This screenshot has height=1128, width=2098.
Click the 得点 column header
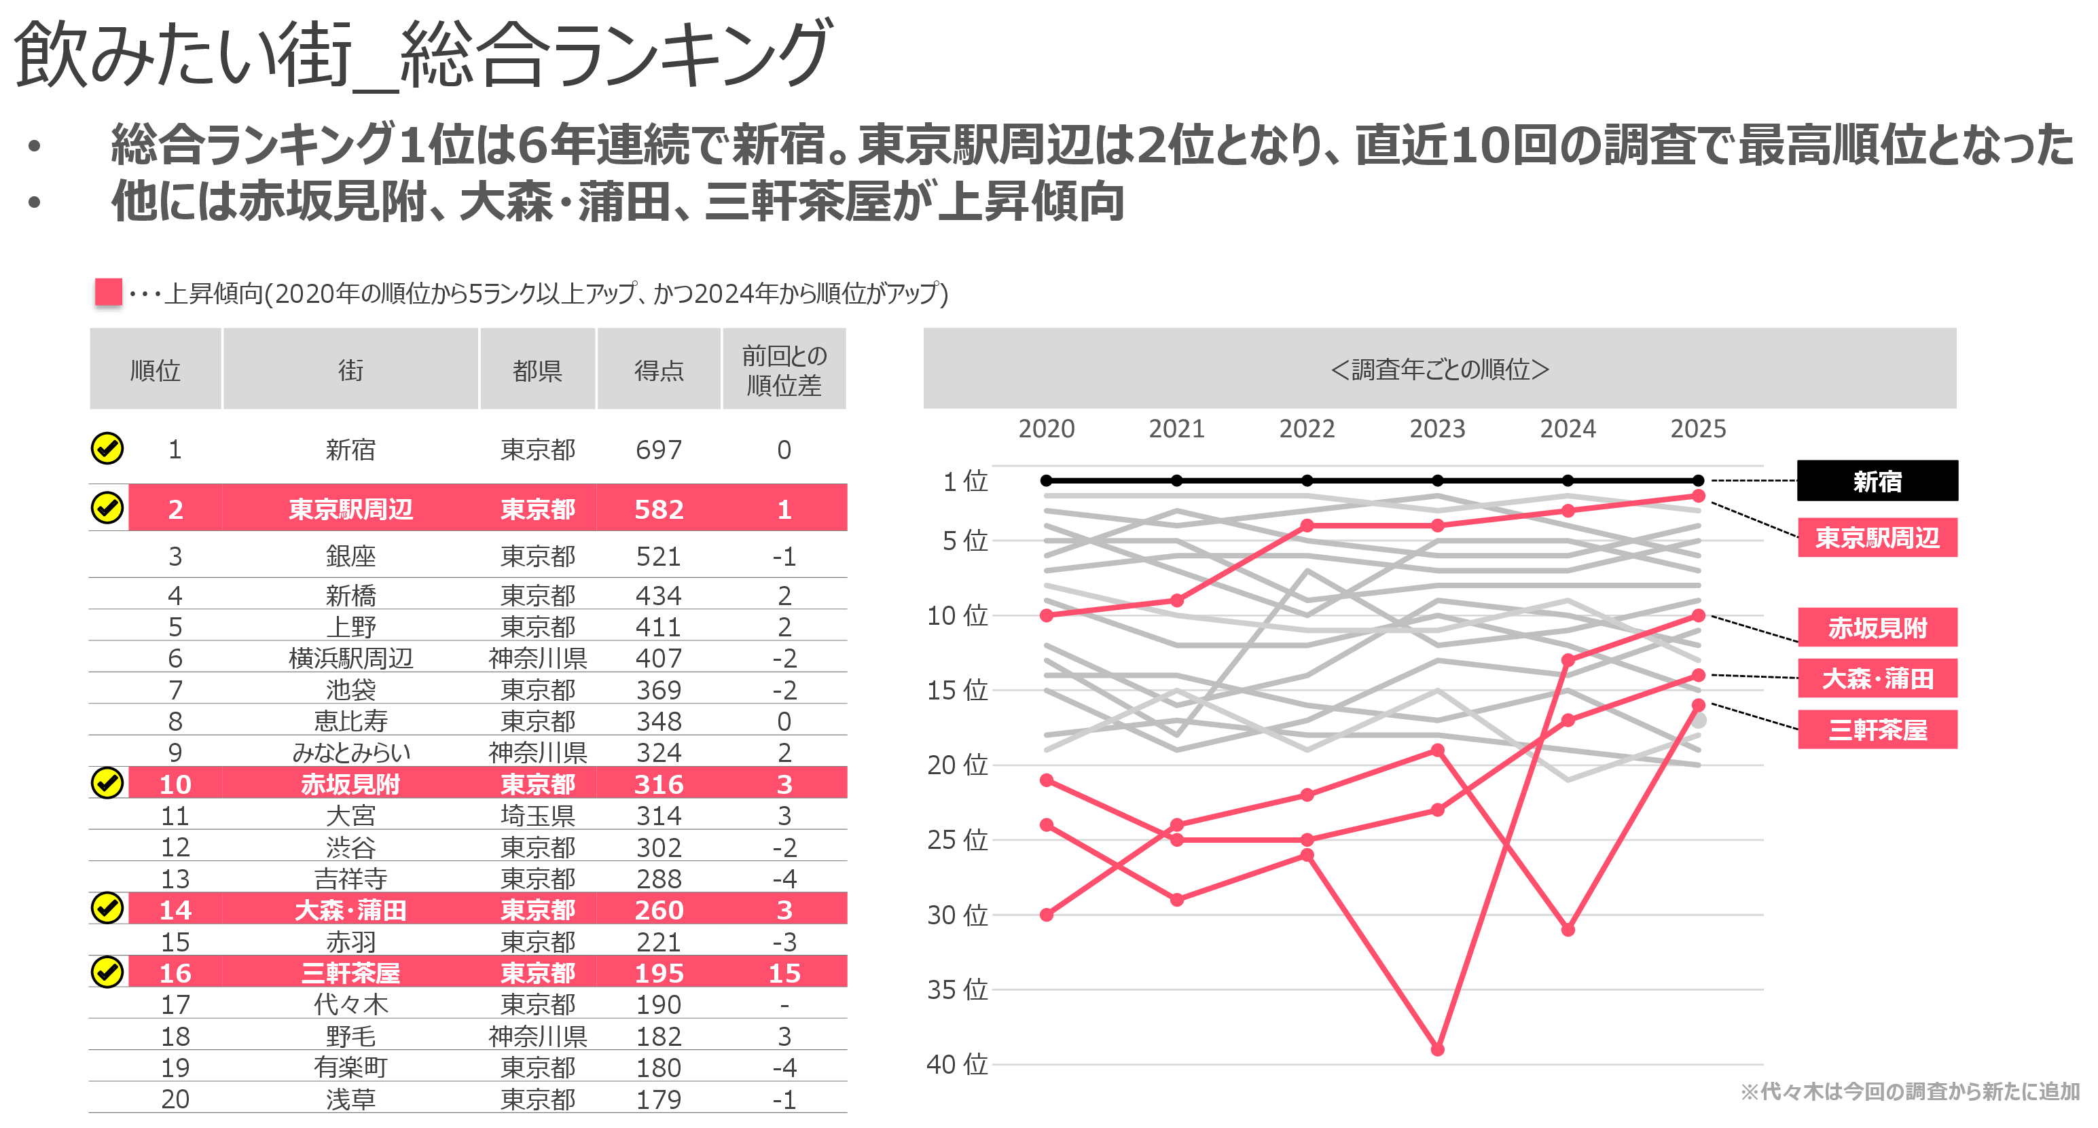659,371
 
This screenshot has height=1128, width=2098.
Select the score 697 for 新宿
659,450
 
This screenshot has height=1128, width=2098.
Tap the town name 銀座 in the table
350,556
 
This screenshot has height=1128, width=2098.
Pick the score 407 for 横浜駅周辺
659,658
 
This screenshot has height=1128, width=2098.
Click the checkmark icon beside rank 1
107,449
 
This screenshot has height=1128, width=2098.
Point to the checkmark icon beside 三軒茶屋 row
107,972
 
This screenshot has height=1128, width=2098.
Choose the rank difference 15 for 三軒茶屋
784,973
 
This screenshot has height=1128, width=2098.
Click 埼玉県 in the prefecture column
537,815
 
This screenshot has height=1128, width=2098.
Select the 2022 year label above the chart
1306,429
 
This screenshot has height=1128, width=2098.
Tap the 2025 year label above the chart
1698,429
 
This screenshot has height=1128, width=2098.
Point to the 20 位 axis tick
957,765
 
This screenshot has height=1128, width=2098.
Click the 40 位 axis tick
957,1064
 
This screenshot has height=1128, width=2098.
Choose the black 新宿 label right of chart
1877,481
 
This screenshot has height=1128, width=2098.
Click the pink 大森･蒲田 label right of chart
1877,678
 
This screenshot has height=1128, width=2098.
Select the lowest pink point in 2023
1437,1050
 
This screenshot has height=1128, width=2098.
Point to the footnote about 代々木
1910,1091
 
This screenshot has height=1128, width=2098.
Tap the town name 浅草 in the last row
350,1099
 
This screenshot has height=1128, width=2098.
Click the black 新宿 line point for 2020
1047,481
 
